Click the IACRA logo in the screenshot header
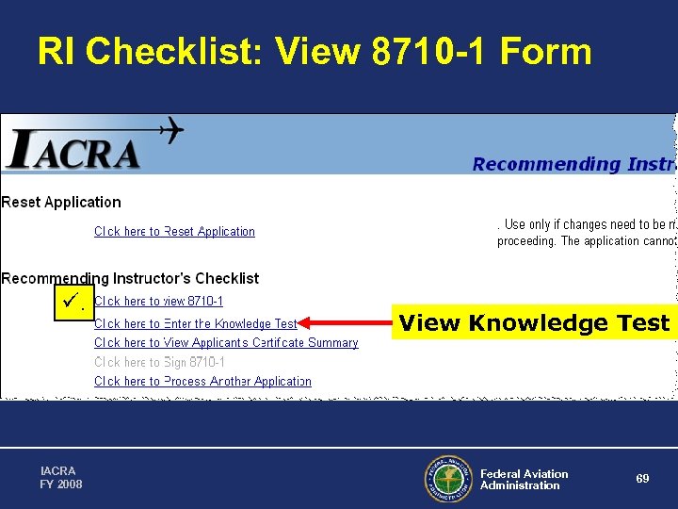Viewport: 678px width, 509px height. pyautogui.click(x=73, y=151)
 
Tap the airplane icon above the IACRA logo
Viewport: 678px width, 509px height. pyautogui.click(x=161, y=130)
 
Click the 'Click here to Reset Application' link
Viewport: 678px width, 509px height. pyautogui.click(x=174, y=231)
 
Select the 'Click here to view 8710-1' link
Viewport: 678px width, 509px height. pyautogui.click(x=158, y=302)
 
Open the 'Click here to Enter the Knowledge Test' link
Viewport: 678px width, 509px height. pyautogui.click(x=195, y=323)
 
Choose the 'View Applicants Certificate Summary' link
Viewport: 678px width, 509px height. pyautogui.click(x=226, y=343)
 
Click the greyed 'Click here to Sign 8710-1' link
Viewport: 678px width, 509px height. pyautogui.click(x=159, y=362)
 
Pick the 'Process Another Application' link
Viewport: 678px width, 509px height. pyautogui.click(x=202, y=382)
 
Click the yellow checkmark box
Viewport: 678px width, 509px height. pyautogui.click(x=73, y=303)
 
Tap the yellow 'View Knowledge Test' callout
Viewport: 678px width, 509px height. pyautogui.click(x=534, y=323)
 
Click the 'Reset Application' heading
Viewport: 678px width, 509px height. pyautogui.click(x=61, y=202)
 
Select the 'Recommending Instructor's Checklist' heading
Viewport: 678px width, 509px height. pyautogui.click(x=130, y=278)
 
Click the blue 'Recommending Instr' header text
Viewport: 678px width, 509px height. pyautogui.click(x=573, y=164)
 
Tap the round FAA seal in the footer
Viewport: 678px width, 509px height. pyautogui.click(x=447, y=479)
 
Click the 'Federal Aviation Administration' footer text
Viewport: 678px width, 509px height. pyautogui.click(x=524, y=480)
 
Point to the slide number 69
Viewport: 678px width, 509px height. pyautogui.click(x=642, y=479)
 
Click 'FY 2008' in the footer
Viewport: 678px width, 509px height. pyautogui.click(x=61, y=484)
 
